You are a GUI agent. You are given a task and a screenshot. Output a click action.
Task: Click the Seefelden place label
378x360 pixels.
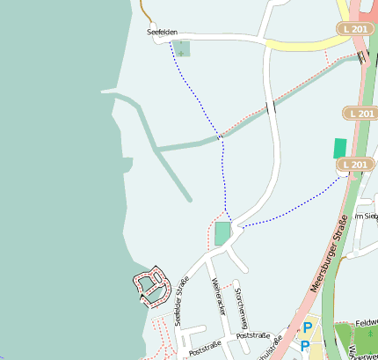click(162, 32)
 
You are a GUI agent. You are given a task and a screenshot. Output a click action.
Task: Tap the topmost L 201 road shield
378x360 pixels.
click(353, 29)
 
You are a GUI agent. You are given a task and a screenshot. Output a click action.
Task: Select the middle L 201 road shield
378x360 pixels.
click(359, 114)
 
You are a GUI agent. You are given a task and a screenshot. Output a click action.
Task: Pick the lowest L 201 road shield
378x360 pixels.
click(355, 164)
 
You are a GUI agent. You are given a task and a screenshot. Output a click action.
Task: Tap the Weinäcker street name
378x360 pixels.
click(220, 297)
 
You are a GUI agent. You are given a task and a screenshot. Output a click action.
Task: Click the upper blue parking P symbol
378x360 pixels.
click(307, 328)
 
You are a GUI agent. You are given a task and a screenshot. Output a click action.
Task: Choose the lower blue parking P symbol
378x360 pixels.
click(304, 347)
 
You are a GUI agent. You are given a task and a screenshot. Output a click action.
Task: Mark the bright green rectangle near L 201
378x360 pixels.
click(339, 148)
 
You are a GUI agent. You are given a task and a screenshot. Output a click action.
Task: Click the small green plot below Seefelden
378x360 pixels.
click(182, 48)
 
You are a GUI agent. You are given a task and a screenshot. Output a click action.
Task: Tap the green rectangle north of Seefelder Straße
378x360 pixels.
click(222, 233)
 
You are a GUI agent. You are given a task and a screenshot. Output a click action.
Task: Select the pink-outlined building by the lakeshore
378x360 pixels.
click(151, 284)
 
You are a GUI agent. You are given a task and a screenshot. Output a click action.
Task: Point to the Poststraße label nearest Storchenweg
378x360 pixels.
click(252, 335)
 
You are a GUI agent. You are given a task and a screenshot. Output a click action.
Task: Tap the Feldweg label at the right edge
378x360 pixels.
click(367, 323)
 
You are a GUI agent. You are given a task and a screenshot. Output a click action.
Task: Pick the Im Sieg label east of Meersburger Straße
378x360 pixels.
click(366, 216)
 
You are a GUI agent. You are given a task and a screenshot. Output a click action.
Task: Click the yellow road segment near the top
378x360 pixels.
click(299, 43)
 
